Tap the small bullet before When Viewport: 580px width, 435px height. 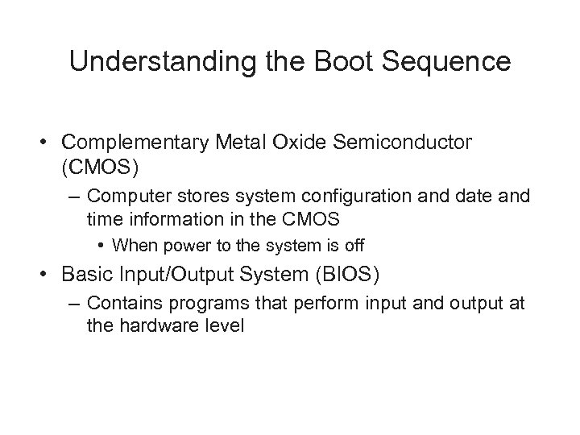(x=103, y=242)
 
